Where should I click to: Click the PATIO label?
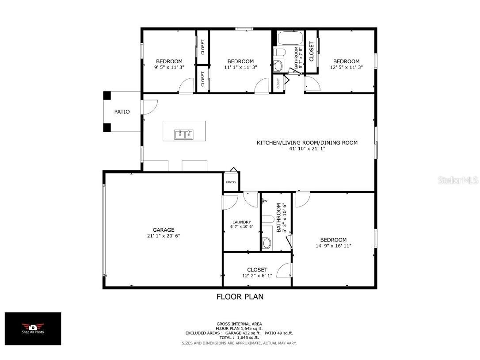point(122,112)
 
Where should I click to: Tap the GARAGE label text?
point(164,230)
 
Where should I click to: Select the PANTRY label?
point(231,182)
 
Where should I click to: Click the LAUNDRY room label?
point(241,222)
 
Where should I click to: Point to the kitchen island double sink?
point(184,134)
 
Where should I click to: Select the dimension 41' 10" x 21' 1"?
point(307,149)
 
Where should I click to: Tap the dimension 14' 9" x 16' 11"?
point(333,246)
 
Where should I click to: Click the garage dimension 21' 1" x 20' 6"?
point(164,236)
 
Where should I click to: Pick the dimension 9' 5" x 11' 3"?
point(169,67)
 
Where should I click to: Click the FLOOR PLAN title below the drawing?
point(240,297)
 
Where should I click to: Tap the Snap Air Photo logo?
point(33,328)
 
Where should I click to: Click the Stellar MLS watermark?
point(457,180)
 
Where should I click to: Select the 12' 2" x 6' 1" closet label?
point(257,276)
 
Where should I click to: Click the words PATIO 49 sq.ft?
point(279,333)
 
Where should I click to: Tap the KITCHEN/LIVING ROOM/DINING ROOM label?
point(307,142)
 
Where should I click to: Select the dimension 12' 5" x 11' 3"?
point(346,67)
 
